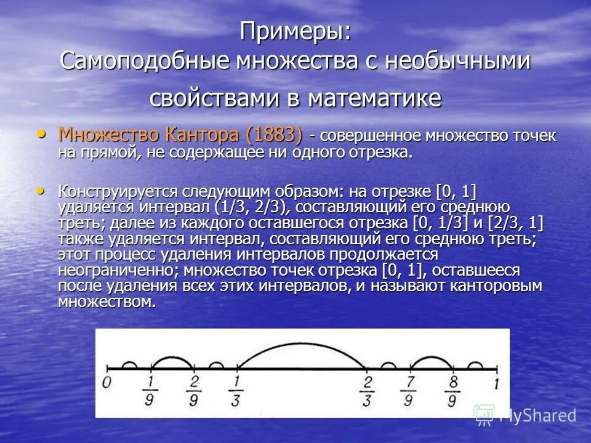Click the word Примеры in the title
tap(295, 31)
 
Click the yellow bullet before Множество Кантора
tap(41, 133)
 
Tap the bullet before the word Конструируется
tap(41, 190)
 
